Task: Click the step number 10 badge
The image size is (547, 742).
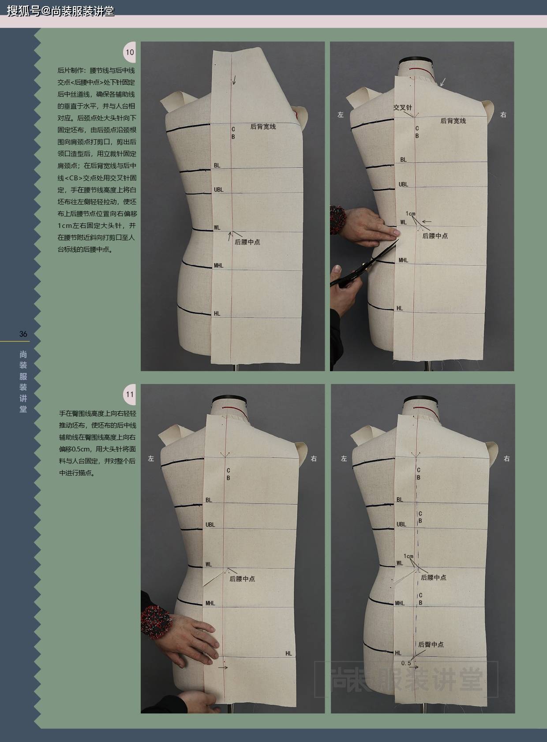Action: coord(130,52)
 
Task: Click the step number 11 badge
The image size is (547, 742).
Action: coord(130,395)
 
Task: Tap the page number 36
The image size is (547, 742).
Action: coord(23,334)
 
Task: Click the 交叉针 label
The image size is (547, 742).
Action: coord(402,107)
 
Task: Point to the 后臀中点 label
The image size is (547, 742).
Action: coord(431,644)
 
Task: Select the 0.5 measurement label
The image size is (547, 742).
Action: coord(406,663)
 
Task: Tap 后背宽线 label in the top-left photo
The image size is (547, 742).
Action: coord(263,127)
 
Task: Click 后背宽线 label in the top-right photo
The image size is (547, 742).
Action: coord(453,121)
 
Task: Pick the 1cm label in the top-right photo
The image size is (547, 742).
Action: coord(410,214)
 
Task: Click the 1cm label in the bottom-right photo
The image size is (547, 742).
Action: coord(408,556)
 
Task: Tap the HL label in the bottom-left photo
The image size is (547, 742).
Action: coord(288,653)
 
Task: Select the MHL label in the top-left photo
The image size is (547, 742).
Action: coord(218,265)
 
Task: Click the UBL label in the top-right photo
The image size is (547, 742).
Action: coord(404,184)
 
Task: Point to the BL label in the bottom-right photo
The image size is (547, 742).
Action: coord(400,500)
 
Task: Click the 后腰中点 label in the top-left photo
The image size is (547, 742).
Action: coord(247,242)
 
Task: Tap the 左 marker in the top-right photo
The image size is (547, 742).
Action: coord(341,115)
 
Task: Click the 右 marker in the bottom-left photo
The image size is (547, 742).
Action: coord(314,459)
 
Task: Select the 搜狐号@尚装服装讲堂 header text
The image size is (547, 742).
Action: coord(61,11)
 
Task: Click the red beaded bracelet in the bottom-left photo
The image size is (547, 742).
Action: coord(155,621)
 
